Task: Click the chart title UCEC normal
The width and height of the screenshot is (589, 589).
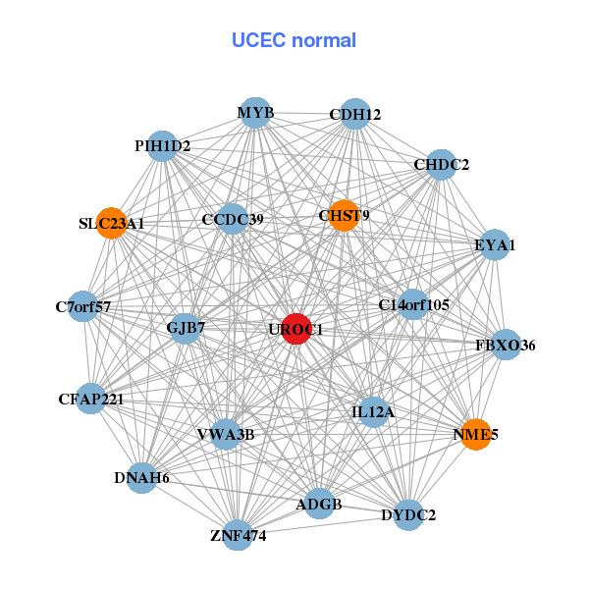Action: point(294,40)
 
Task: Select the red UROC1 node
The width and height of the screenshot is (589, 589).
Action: point(296,329)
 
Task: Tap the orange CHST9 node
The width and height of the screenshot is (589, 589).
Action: point(344,215)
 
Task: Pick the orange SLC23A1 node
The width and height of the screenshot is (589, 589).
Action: point(111,223)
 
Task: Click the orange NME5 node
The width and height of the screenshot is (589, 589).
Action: point(476,434)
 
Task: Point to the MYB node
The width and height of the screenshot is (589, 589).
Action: point(255,113)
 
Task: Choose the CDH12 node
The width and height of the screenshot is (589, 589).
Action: point(355,115)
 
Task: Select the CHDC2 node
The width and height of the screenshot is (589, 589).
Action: point(442,164)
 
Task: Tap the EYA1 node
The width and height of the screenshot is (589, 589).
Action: point(495,244)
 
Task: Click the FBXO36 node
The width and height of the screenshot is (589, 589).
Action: point(506,345)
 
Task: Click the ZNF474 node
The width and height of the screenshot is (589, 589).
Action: point(238,535)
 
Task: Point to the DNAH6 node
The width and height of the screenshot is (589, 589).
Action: point(142,478)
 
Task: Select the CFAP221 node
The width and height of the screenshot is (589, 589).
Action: point(90,399)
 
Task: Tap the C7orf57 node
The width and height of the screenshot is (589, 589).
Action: point(83,307)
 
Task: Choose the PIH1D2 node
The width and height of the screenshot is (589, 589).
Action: point(163,146)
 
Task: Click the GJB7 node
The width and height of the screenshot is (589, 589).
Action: point(186,327)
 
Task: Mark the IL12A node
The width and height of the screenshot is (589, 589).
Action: point(373,412)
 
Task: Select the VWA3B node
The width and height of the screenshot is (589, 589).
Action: point(226,434)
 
